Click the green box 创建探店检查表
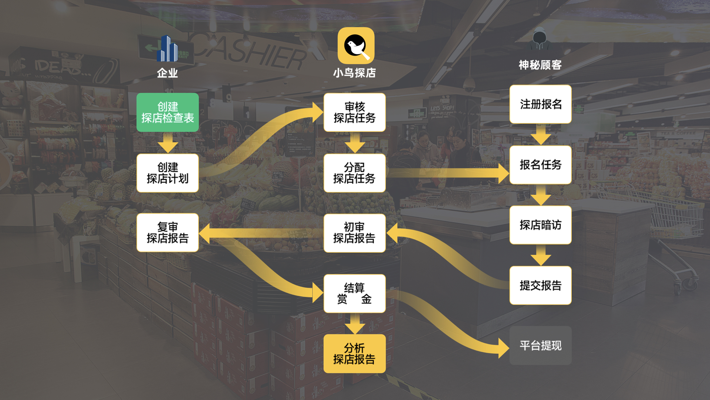coord(168,112)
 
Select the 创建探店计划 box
coord(168,173)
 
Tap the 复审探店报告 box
coord(168,233)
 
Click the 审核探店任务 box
coord(354,112)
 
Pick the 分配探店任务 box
coord(354,173)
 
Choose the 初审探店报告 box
coord(354,233)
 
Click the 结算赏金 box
coord(354,293)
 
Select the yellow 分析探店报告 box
coord(354,353)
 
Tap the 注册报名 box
coord(540,104)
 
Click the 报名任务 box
coord(540,164)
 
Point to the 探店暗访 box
coord(540,225)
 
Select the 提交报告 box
coord(540,285)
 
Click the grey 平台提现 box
coord(540,346)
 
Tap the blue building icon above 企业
coord(167,49)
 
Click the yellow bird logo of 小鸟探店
coord(356,46)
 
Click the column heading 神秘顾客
coord(540,65)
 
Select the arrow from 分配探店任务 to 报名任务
coord(447,173)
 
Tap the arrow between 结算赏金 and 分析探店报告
coord(355,323)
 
